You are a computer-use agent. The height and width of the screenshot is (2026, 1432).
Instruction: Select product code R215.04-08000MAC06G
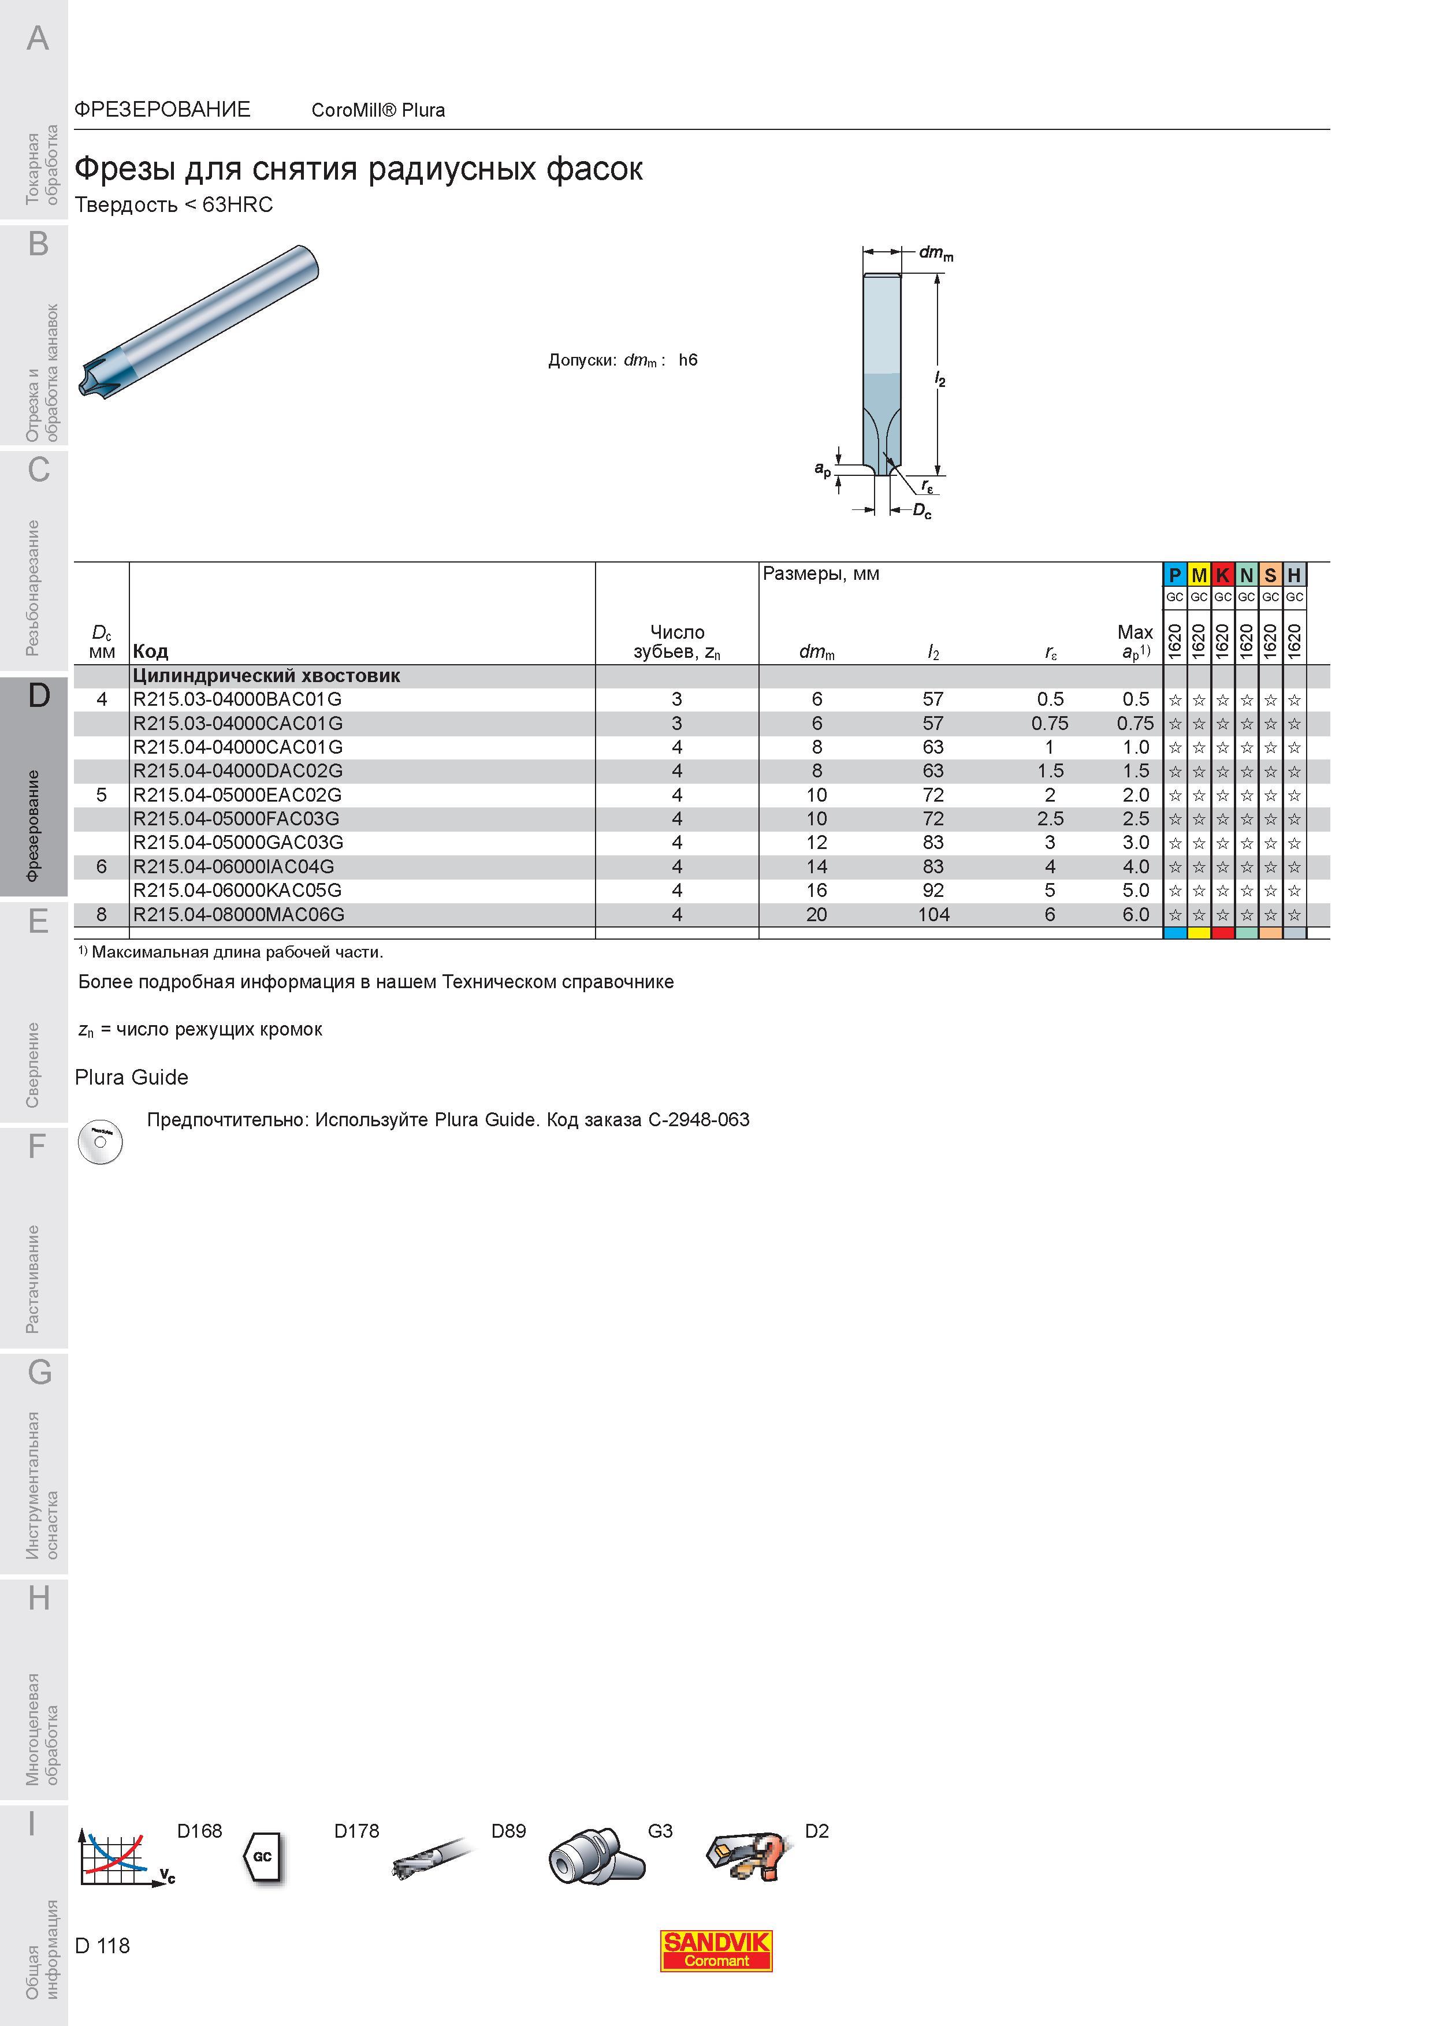coord(238,915)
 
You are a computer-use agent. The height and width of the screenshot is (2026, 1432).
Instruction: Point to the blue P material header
coord(1174,575)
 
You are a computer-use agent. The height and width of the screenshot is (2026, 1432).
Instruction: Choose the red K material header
coord(1222,575)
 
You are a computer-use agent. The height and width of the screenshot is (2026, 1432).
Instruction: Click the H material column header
coord(1293,575)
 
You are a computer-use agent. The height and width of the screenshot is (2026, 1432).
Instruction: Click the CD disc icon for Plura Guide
coord(100,1142)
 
